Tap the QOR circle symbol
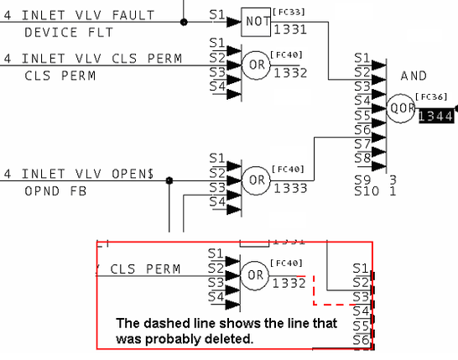pyautogui.click(x=400, y=108)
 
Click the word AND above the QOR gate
pyautogui.click(x=414, y=76)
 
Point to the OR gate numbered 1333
pyautogui.click(x=255, y=180)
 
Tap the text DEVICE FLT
pyautogui.click(x=58, y=33)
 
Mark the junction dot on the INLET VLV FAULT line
pyautogui.click(x=184, y=21)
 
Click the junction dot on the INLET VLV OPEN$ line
pyautogui.click(x=169, y=180)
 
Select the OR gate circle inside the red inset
pyautogui.click(x=255, y=274)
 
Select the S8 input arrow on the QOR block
pyautogui.click(x=379, y=157)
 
